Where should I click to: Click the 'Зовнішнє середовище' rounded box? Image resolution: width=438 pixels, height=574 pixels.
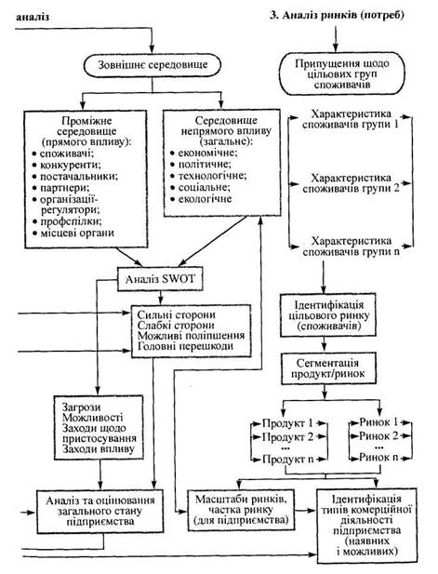[153, 65]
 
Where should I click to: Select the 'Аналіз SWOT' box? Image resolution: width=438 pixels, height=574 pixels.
[160, 279]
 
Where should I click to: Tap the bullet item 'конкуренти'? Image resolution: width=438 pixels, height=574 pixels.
[71, 165]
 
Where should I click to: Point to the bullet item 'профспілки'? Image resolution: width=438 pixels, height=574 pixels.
[71, 221]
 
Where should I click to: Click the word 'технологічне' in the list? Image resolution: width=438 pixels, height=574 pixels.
[212, 176]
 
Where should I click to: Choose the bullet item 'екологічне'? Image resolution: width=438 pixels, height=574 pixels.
[205, 199]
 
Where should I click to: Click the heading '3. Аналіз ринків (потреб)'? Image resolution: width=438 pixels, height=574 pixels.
[337, 16]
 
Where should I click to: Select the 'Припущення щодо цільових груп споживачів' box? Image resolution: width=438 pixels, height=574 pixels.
[342, 73]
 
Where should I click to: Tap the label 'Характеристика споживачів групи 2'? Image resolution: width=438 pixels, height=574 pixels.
[352, 184]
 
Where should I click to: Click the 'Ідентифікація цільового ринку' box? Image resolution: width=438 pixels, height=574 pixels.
[328, 315]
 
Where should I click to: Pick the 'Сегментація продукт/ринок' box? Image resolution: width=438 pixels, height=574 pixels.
[328, 368]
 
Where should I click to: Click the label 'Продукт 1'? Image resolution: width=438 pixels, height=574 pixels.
[287, 423]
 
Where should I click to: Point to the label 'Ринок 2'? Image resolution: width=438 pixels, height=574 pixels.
[378, 436]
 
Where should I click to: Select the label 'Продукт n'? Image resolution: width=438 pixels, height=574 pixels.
[288, 459]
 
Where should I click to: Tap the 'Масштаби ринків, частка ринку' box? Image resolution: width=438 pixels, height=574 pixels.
[241, 510]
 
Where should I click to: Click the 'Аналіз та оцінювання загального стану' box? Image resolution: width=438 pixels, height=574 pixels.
[100, 511]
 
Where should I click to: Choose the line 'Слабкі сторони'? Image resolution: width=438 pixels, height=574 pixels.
[176, 326]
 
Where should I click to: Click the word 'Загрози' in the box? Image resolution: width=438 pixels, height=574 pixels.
[81, 407]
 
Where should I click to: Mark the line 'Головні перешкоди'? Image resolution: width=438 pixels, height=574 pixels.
[185, 346]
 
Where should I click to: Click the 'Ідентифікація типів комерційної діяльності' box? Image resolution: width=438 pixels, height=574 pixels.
[366, 525]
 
